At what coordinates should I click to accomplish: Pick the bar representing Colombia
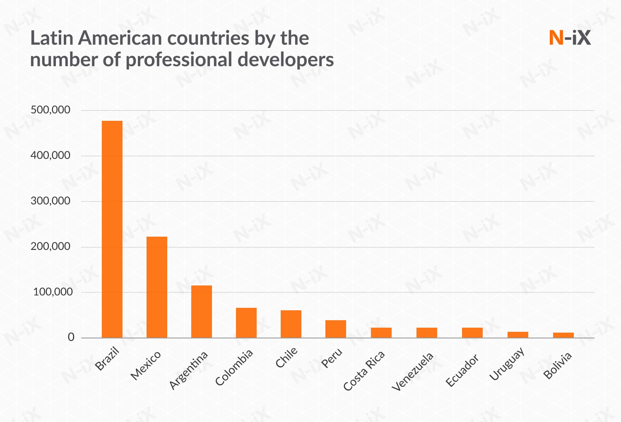pyautogui.click(x=246, y=323)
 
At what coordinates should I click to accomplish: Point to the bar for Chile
pyautogui.click(x=291, y=324)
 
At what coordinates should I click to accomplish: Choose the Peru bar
pyautogui.click(x=336, y=329)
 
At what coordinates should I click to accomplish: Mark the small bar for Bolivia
pyautogui.click(x=563, y=335)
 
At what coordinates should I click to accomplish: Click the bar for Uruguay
pyautogui.click(x=518, y=335)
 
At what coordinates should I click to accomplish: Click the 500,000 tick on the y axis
pyautogui.click(x=51, y=110)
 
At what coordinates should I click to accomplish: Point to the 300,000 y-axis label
pyautogui.click(x=51, y=201)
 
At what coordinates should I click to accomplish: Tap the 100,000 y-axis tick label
pyautogui.click(x=53, y=292)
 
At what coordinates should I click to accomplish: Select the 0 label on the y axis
pyautogui.click(x=71, y=338)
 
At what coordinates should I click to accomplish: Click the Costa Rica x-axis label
pyautogui.click(x=364, y=371)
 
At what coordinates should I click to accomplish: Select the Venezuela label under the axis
pyautogui.click(x=413, y=372)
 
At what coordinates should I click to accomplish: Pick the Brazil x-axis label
pyautogui.click(x=107, y=359)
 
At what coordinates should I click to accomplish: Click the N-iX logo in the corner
pyautogui.click(x=570, y=38)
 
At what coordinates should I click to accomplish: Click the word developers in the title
pyautogui.click(x=286, y=60)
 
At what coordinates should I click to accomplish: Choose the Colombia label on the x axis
pyautogui.click(x=234, y=367)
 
